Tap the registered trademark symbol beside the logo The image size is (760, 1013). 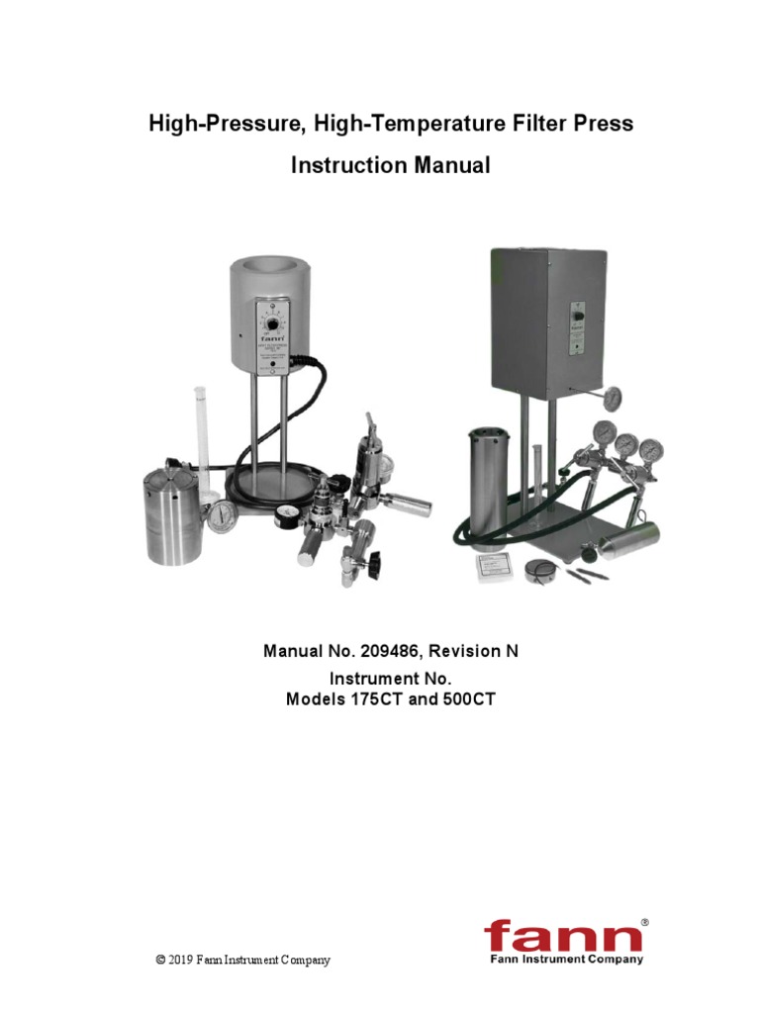coord(644,922)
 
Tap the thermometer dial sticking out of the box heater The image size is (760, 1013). coord(614,397)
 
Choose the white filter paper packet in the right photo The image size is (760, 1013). coord(497,566)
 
